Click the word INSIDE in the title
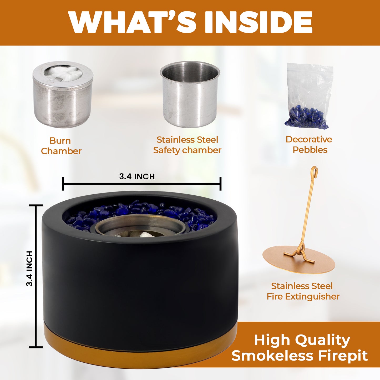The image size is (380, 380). click(259, 22)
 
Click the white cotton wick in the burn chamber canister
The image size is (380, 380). click(63, 73)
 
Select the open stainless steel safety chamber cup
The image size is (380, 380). click(190, 94)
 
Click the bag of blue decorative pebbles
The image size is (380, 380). click(310, 96)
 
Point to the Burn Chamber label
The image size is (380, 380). click(61, 146)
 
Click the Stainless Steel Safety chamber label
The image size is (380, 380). click(187, 145)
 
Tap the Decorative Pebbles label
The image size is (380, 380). click(309, 145)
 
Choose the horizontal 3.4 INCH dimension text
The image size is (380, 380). click(137, 176)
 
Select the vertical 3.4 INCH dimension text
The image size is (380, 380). click(29, 268)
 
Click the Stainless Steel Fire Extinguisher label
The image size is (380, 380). click(303, 291)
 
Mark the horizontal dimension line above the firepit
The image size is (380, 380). click(141, 184)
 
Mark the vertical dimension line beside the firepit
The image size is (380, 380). click(36, 276)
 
